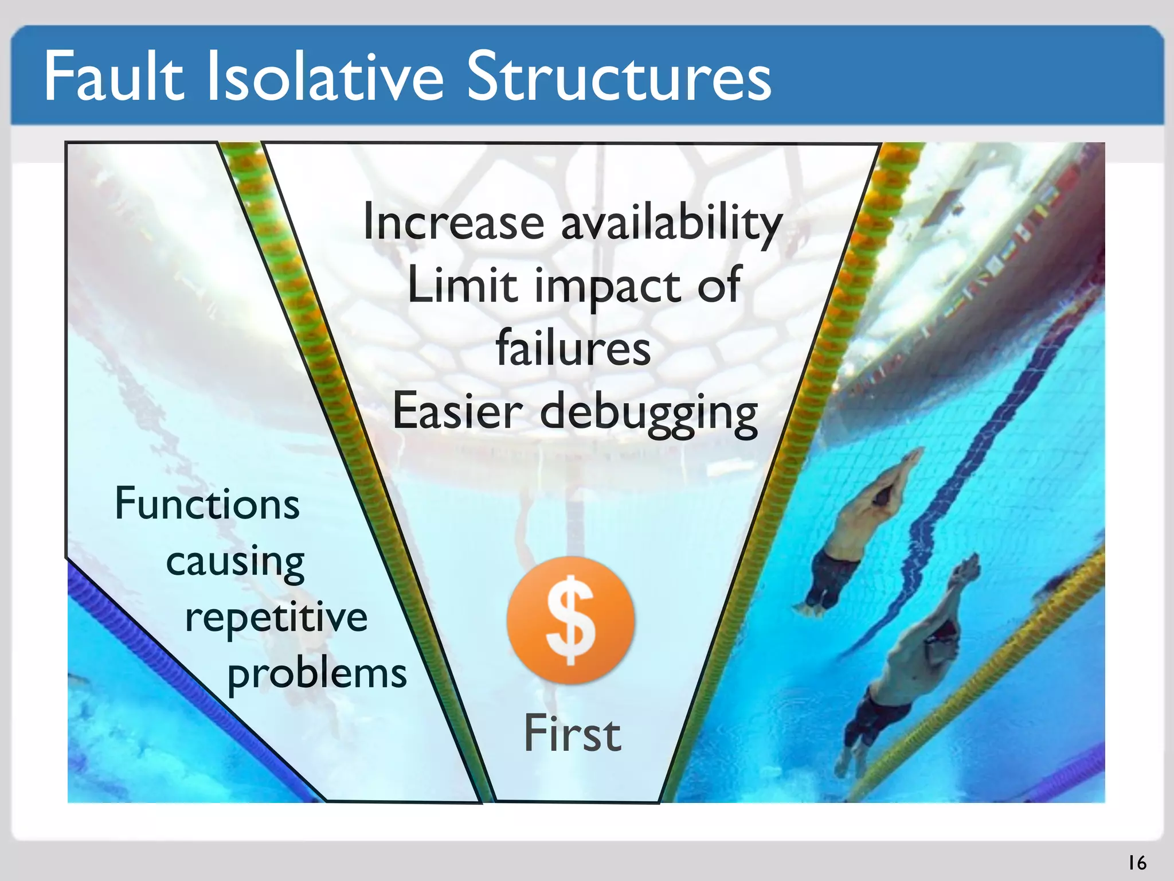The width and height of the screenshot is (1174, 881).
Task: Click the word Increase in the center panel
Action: pos(453,223)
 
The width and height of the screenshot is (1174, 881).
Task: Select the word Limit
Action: pos(462,286)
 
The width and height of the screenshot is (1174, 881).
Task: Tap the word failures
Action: pos(573,348)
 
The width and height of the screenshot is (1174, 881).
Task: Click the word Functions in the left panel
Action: pos(207,504)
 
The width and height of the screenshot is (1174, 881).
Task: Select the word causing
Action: pos(235,562)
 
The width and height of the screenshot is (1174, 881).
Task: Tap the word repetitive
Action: pos(276,618)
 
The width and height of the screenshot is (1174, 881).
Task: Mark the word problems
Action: pos(317,675)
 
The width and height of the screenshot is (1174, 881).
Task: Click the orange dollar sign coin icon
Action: pos(570,620)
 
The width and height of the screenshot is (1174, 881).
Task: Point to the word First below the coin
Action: pos(572,734)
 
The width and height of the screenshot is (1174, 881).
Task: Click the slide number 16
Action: pos(1137,863)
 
